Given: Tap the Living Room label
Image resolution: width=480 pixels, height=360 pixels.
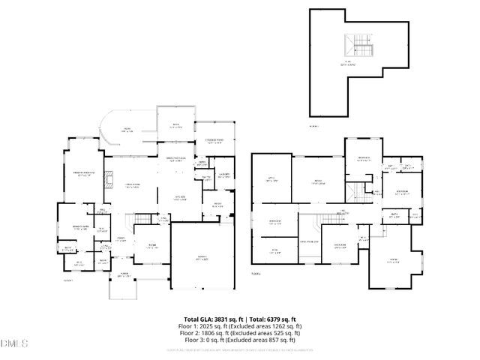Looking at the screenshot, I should (x=133, y=186).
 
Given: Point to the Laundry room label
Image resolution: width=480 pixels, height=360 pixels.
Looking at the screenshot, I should (x=223, y=175).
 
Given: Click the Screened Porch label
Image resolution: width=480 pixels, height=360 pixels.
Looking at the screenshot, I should (x=213, y=141).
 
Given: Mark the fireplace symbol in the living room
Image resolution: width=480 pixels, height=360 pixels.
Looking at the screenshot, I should (x=109, y=178).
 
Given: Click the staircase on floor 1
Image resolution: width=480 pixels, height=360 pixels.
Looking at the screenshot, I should (x=144, y=219).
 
